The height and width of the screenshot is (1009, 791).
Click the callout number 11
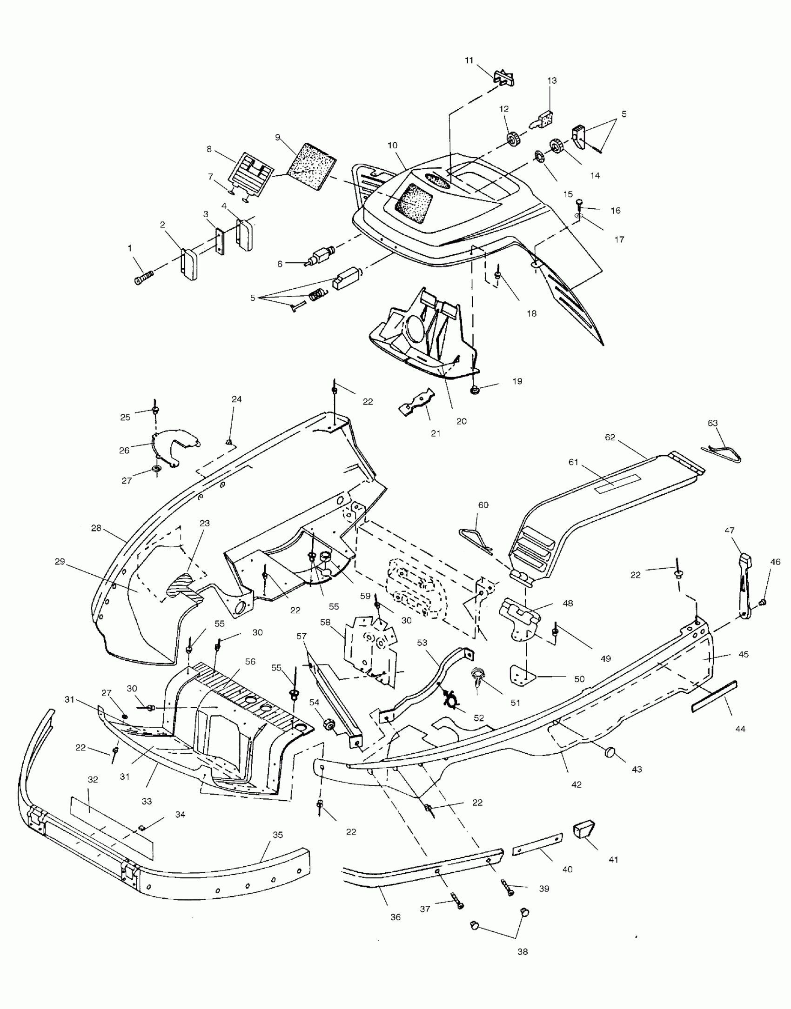469,60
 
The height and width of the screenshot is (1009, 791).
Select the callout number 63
712,423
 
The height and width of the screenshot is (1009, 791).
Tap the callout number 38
523,952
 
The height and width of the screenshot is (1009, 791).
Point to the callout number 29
60,562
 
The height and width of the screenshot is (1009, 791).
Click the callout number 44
740,729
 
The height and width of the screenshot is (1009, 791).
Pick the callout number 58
325,622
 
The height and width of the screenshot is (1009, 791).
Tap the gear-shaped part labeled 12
513,139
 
